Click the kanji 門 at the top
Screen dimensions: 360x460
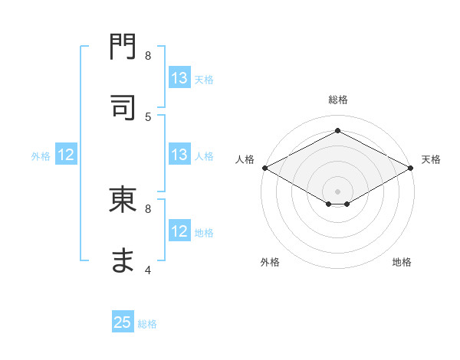pyautogui.click(x=123, y=48)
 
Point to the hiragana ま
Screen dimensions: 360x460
pyautogui.click(x=123, y=260)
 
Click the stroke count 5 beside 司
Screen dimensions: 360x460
pyautogui.click(x=148, y=116)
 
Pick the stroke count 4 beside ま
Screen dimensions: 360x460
pyautogui.click(x=148, y=270)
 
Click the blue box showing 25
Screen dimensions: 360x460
pyautogui.click(x=123, y=322)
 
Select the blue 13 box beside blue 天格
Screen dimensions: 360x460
pyautogui.click(x=179, y=78)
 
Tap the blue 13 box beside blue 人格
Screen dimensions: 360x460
pyautogui.click(x=179, y=155)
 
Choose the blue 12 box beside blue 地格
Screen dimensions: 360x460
pyautogui.click(x=179, y=231)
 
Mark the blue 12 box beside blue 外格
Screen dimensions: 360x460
pyautogui.click(x=66, y=155)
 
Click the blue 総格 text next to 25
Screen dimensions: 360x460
pyautogui.click(x=147, y=324)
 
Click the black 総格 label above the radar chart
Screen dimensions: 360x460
pyautogui.click(x=337, y=100)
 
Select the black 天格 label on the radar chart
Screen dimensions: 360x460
pyautogui.click(x=431, y=159)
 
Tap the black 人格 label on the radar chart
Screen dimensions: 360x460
pyautogui.click(x=245, y=159)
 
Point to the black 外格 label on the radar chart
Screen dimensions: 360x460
pyautogui.click(x=270, y=262)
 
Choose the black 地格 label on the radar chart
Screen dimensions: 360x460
pyautogui.click(x=402, y=262)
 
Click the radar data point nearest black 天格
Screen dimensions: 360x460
pyautogui.click(x=412, y=168)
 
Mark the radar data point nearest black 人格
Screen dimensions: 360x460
pyautogui.click(x=264, y=168)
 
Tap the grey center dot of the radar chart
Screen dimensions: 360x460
pyautogui.click(x=337, y=191)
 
